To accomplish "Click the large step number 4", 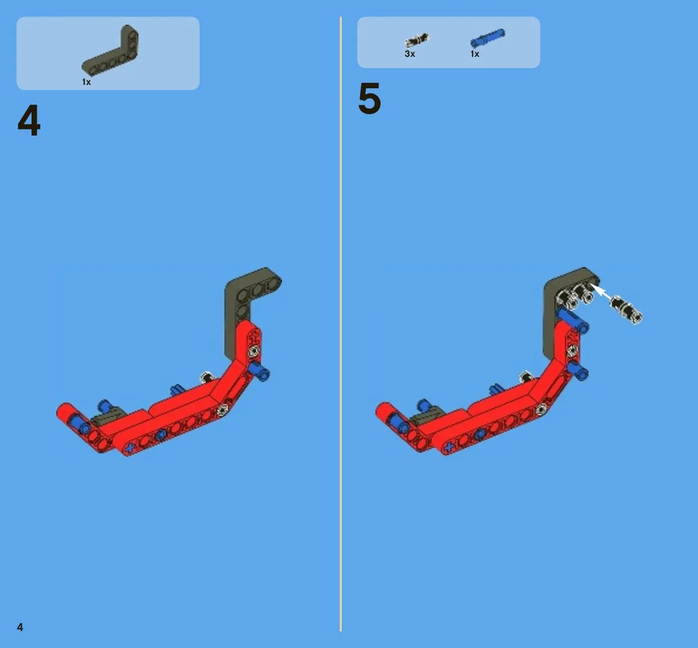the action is (29, 120).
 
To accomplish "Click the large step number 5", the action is (369, 98).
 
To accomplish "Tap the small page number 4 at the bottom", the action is (20, 627).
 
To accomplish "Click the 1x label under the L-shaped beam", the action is (87, 82).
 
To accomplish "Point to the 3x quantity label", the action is (410, 54).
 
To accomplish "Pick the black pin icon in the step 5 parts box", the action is (417, 40).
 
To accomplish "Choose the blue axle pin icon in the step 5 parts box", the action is (487, 38).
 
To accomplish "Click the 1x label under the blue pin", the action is (475, 54).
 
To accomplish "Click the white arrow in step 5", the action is (602, 292).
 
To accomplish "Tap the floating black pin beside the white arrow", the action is (626, 309).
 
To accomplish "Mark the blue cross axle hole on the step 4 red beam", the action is (131, 448).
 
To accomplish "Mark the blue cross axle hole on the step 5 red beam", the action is (449, 447).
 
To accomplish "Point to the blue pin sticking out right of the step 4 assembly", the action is (259, 372).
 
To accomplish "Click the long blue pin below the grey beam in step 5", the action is (572, 320).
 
